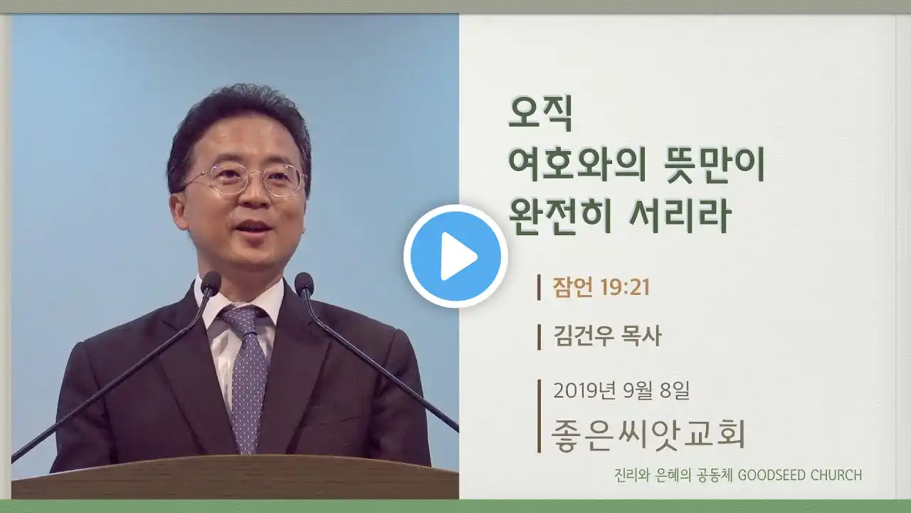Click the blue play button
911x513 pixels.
tap(455, 256)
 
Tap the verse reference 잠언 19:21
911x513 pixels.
tap(601, 287)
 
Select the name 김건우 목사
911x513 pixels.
tap(607, 337)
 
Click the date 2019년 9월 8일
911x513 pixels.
tap(621, 391)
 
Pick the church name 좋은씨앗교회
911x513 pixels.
tap(648, 435)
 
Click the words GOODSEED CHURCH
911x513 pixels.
tap(799, 475)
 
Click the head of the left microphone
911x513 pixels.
tap(211, 284)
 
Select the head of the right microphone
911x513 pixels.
tap(304, 284)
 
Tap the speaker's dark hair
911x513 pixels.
tap(240, 122)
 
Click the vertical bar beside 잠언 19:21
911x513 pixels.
tap(539, 287)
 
